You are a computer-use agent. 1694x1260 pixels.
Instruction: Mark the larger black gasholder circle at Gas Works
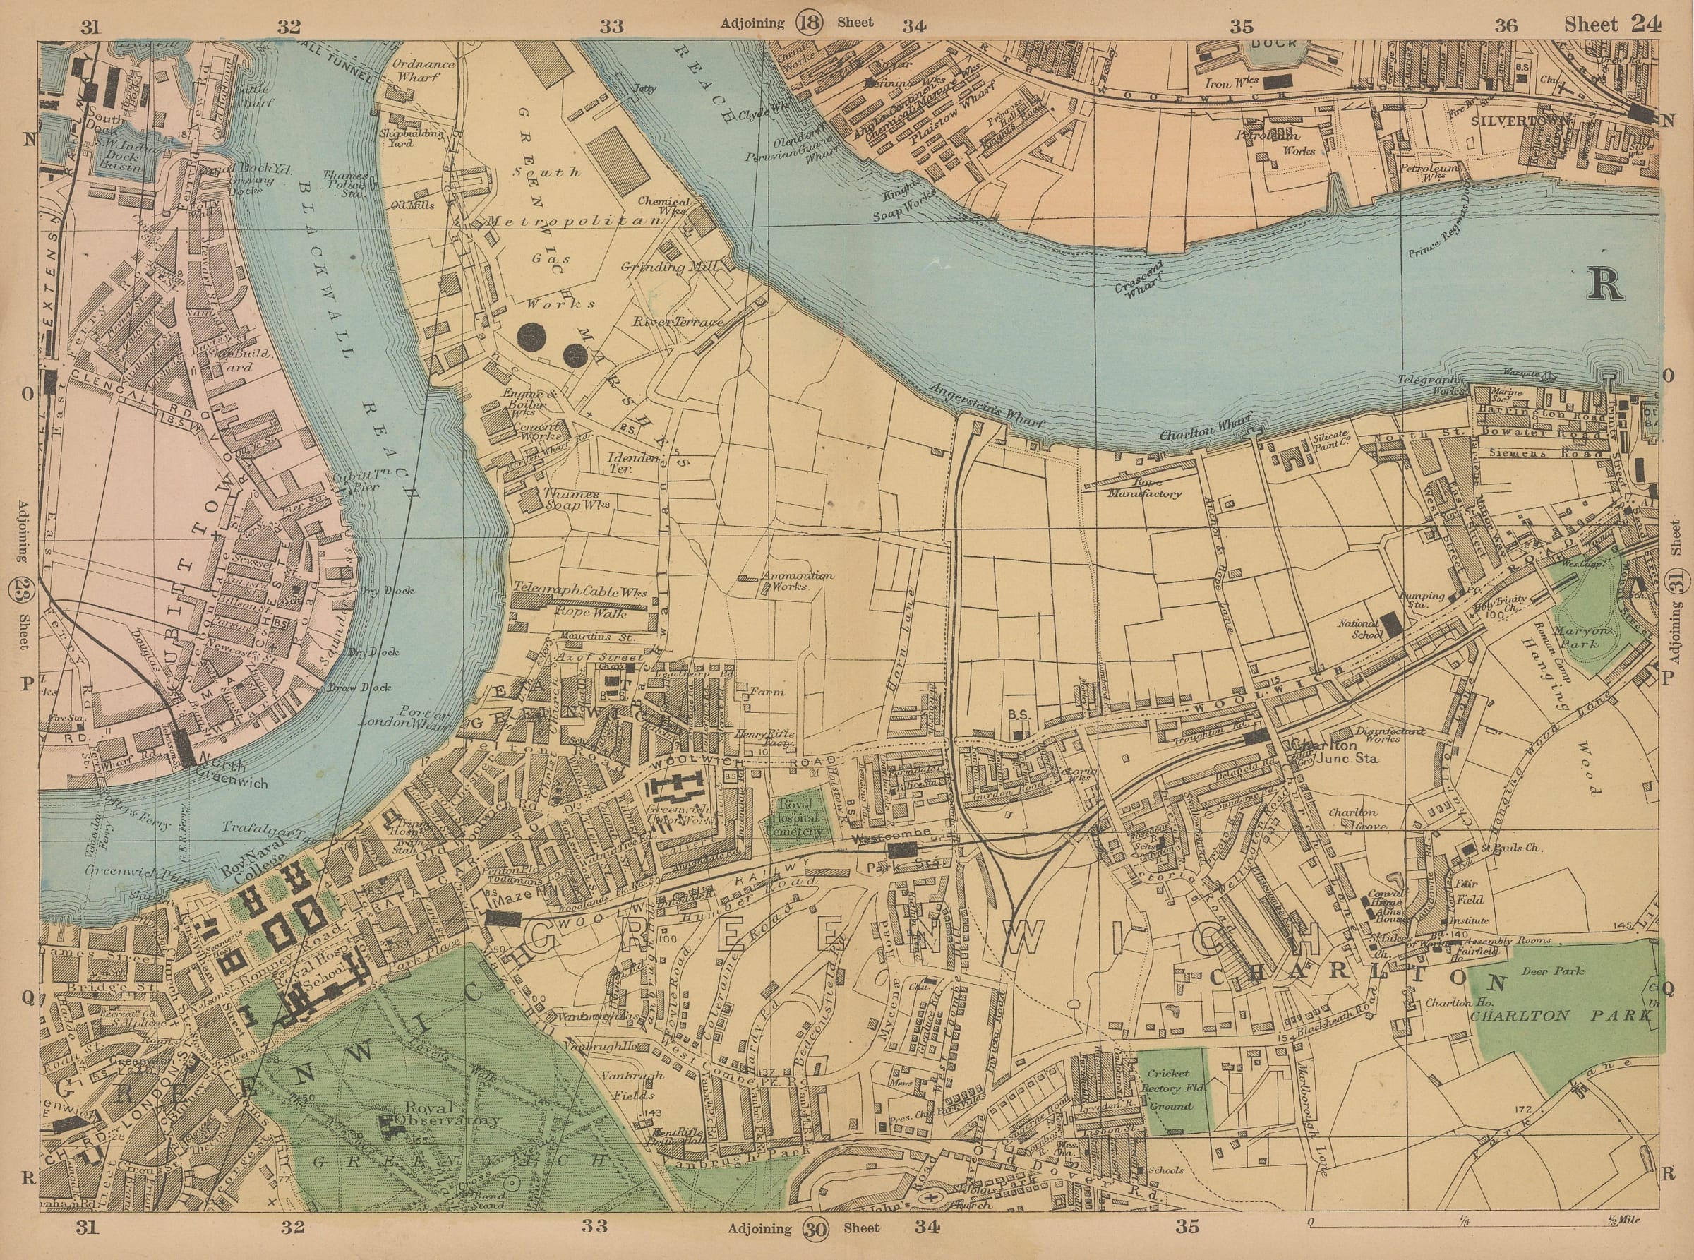pos(531,337)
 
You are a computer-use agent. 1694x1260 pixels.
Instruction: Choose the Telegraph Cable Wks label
pos(580,591)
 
